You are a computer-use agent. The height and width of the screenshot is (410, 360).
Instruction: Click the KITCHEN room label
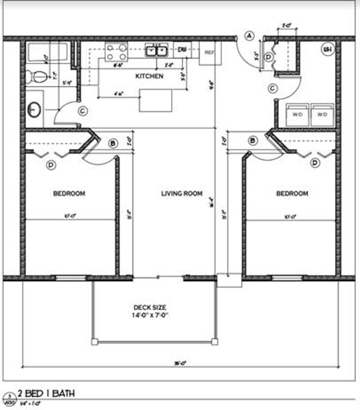click(x=149, y=76)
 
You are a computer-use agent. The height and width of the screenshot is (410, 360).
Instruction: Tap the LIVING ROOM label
click(x=181, y=193)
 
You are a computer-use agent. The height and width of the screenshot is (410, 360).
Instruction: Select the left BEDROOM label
click(x=69, y=193)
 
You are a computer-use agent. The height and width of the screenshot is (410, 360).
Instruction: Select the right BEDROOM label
click(x=292, y=193)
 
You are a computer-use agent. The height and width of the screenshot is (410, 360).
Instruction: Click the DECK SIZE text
click(x=150, y=307)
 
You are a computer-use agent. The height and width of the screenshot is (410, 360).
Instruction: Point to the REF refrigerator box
click(x=209, y=53)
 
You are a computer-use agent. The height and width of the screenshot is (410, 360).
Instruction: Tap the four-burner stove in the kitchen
click(x=117, y=52)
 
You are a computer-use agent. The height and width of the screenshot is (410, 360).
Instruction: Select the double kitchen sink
click(x=156, y=51)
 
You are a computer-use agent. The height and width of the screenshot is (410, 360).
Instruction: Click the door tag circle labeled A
click(x=249, y=36)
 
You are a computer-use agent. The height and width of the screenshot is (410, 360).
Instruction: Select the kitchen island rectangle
click(x=155, y=100)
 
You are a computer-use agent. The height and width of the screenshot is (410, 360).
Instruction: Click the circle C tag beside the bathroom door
click(x=84, y=111)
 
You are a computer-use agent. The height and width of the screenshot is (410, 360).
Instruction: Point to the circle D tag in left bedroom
click(x=51, y=165)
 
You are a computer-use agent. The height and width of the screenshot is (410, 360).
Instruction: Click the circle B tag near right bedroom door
click(x=253, y=141)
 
